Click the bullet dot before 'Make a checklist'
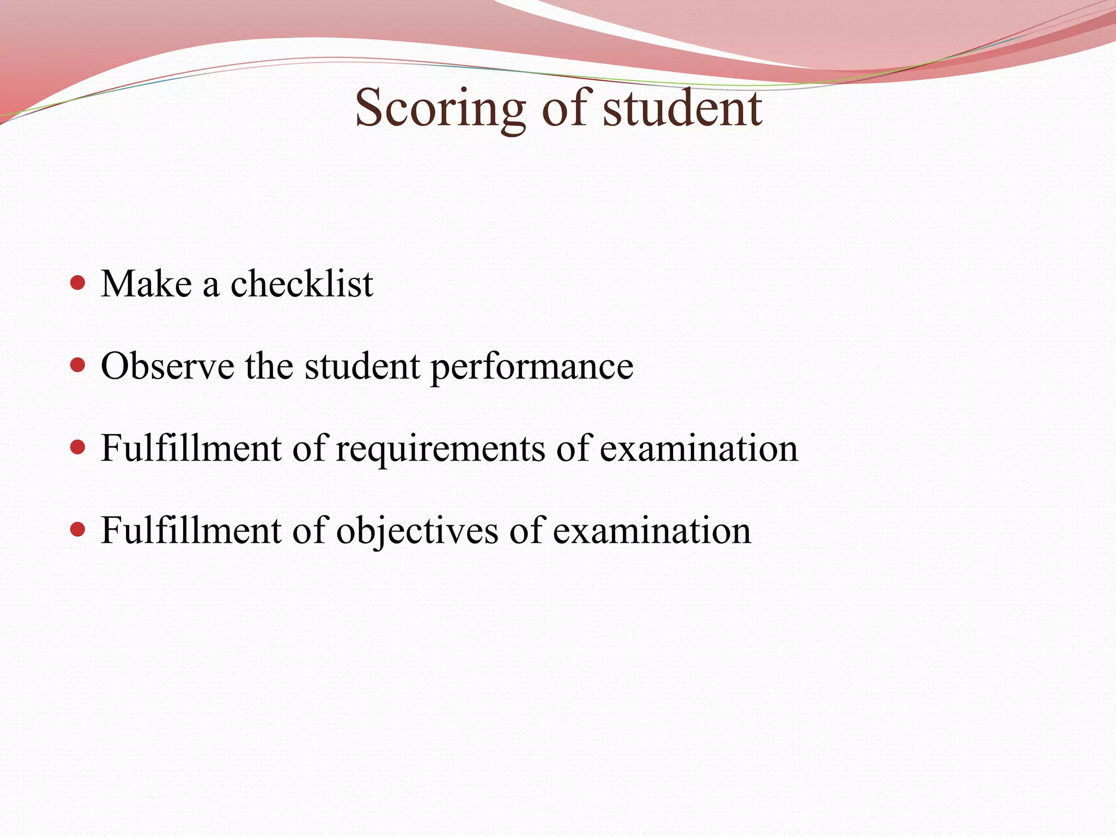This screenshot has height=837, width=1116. [x=78, y=283]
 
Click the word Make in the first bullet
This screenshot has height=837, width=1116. [x=146, y=284]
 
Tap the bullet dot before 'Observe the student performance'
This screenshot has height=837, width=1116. [x=78, y=365]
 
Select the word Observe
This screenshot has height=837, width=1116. [x=167, y=366]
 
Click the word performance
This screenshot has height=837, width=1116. [x=532, y=368]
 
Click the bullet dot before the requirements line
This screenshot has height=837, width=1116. [x=78, y=447]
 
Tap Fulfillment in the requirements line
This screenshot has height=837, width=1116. [x=191, y=448]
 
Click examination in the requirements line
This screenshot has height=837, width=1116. [x=699, y=448]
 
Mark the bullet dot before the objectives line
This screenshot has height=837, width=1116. [x=78, y=530]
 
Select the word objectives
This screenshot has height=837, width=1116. [x=417, y=531]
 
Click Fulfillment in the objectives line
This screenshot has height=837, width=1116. [x=191, y=531]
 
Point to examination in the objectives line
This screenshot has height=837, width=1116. [x=652, y=531]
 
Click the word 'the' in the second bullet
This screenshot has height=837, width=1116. [x=269, y=366]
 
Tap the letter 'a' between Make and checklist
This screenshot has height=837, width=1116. [x=211, y=286]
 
